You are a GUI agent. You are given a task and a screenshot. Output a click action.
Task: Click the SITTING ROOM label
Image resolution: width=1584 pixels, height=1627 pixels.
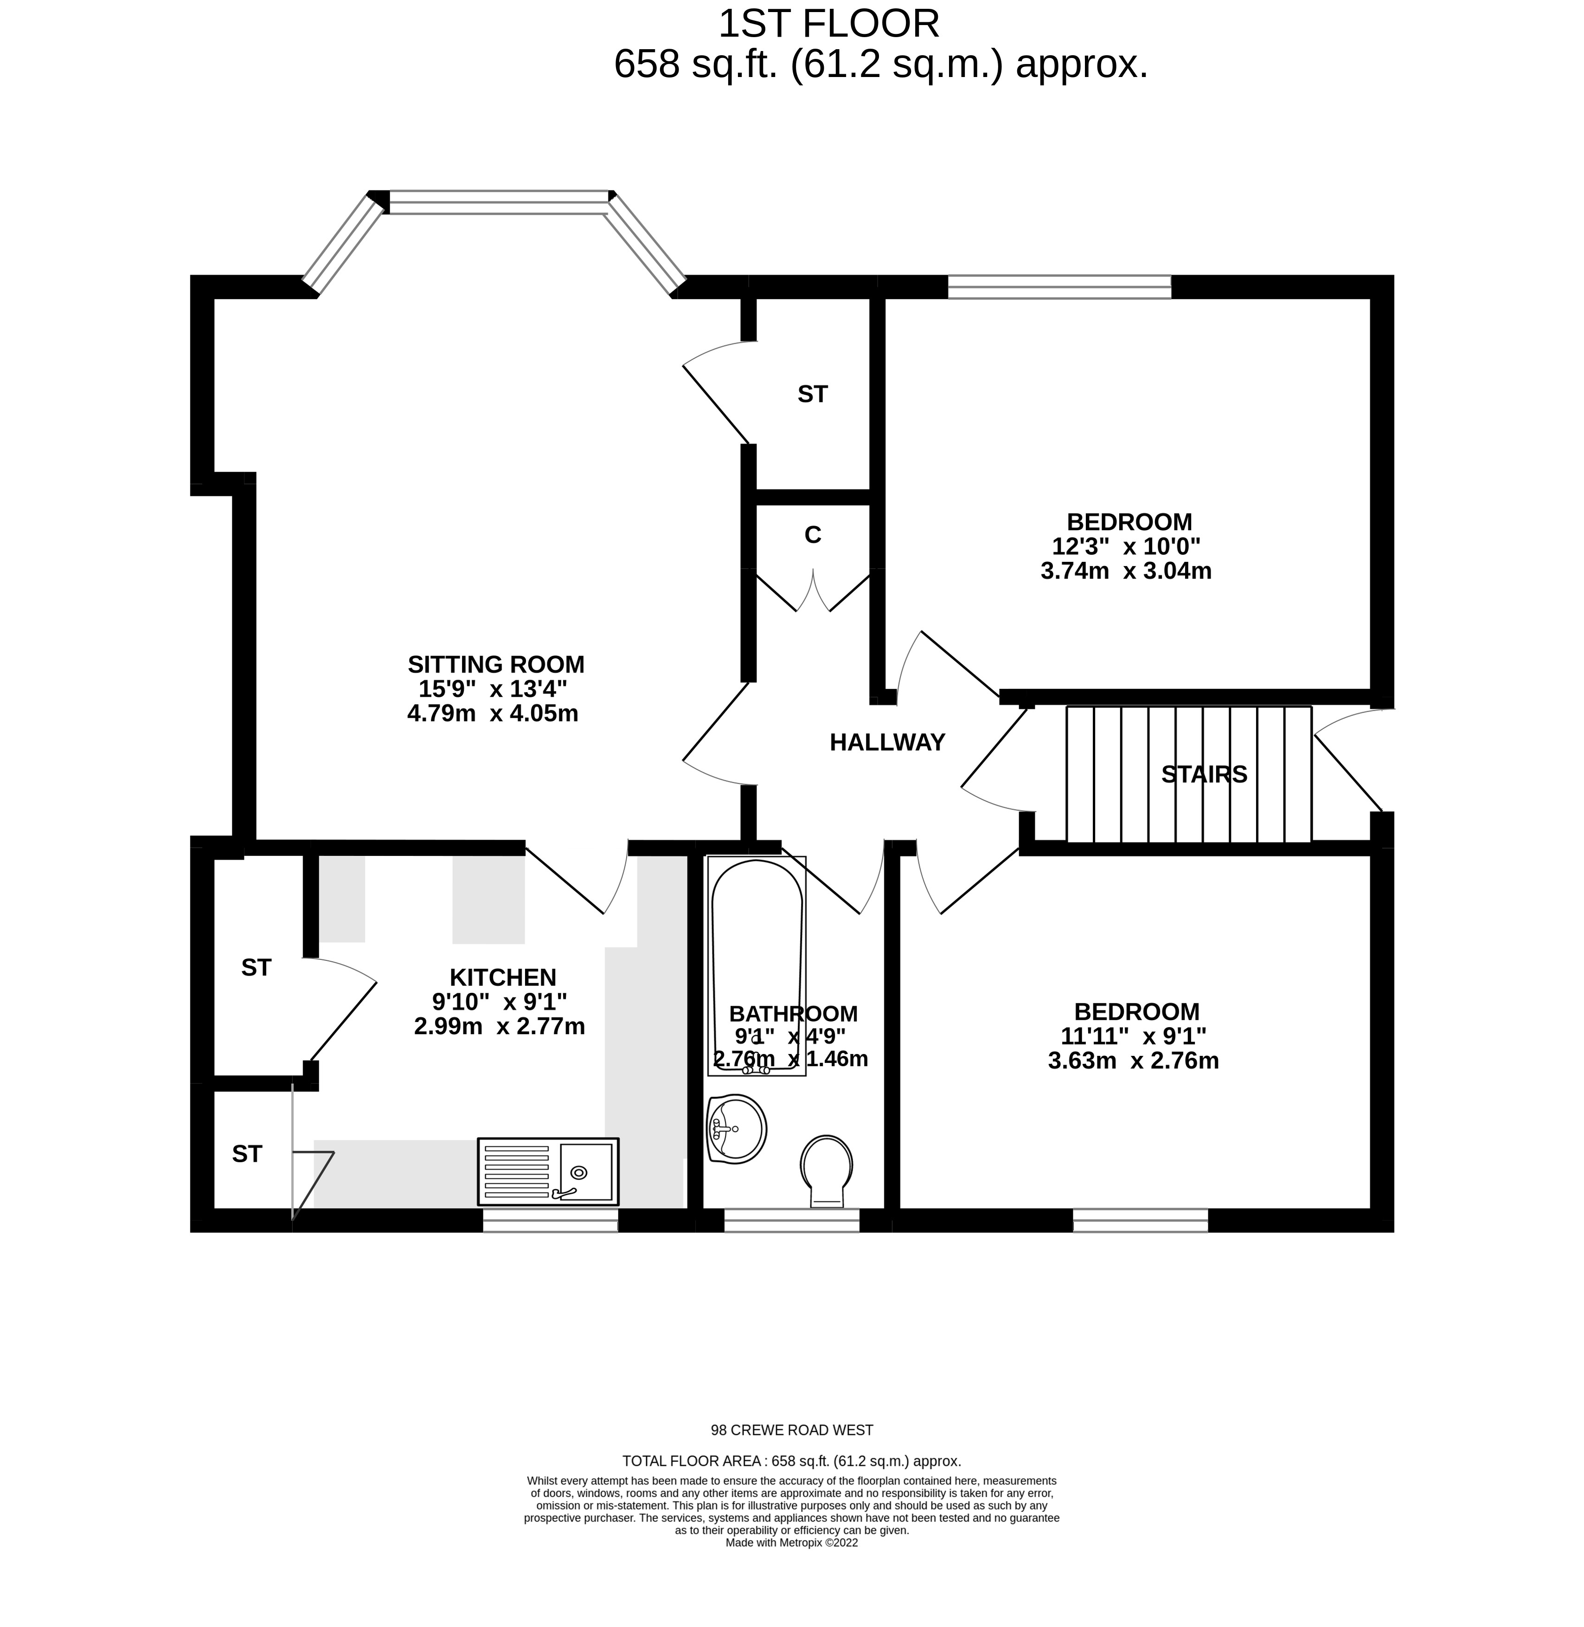(496, 664)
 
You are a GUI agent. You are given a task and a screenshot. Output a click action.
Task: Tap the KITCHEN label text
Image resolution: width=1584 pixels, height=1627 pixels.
(502, 977)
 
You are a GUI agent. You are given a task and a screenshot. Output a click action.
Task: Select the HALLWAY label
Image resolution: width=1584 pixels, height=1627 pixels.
(887, 742)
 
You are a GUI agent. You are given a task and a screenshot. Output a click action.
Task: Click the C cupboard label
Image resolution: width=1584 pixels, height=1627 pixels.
(813, 535)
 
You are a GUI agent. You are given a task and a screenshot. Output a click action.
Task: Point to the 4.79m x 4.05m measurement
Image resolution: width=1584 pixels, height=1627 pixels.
(493, 713)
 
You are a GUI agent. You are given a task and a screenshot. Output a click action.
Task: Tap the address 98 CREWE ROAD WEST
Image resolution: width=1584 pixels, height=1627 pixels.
(791, 1431)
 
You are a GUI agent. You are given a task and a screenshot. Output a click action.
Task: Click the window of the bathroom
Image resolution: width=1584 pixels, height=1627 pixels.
(791, 1221)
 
